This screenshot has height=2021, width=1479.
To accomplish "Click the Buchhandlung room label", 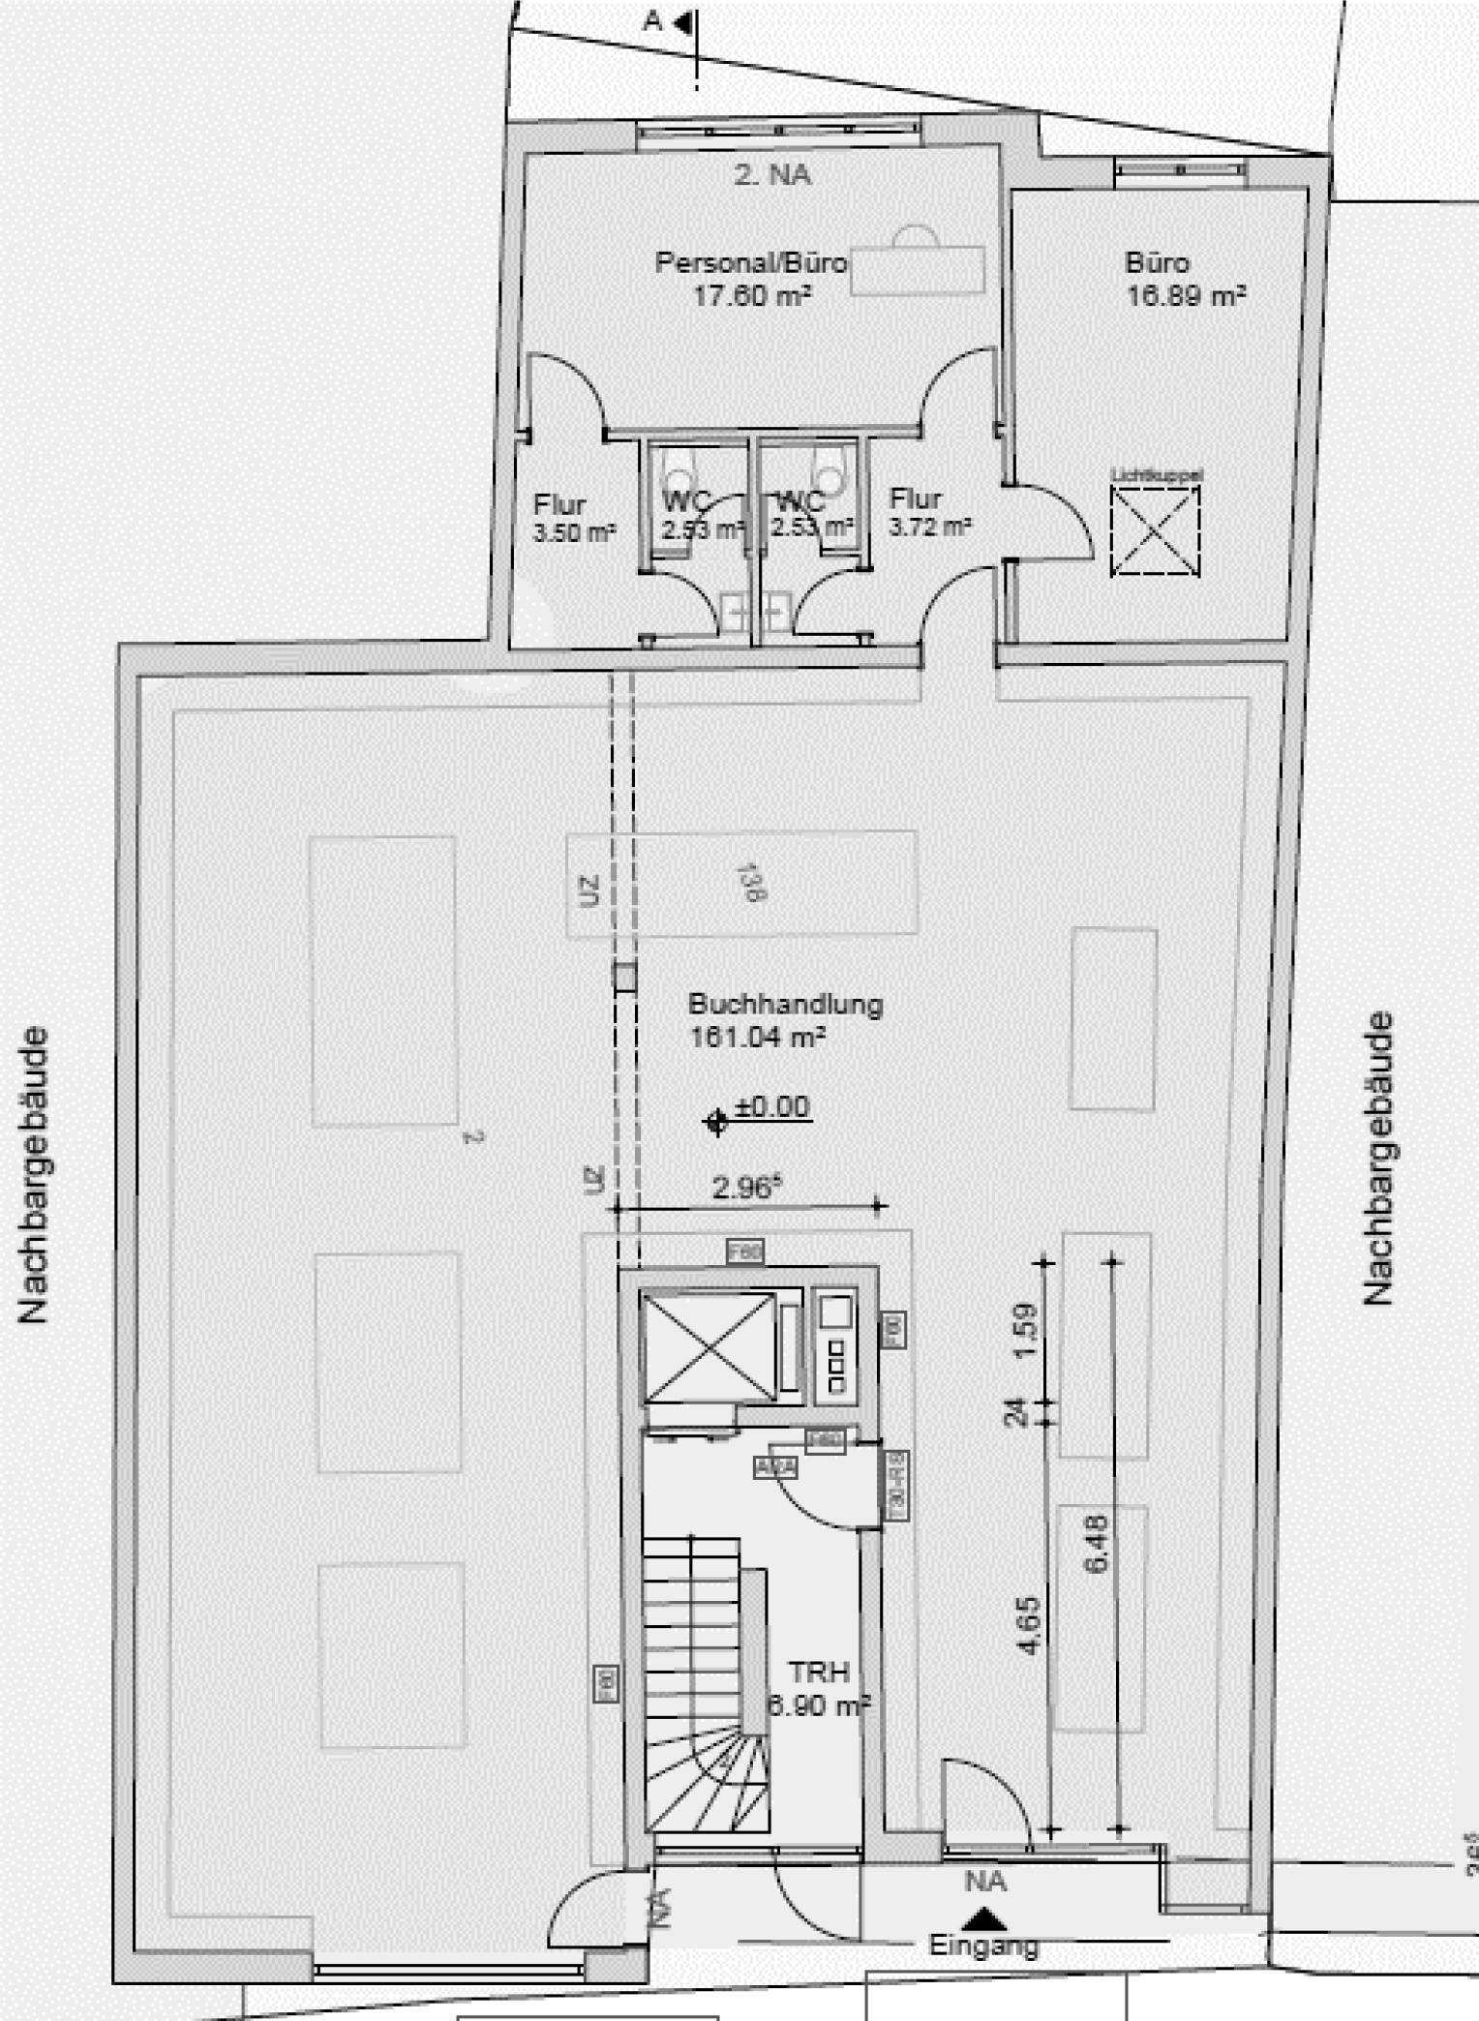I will [x=785, y=1004].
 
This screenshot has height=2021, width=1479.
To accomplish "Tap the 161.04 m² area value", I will [x=756, y=1038].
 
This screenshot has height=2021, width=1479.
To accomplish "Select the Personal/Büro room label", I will [x=750, y=262].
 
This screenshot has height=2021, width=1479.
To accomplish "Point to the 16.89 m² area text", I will [x=1185, y=295].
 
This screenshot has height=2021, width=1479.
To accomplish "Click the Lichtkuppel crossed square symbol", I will [x=1155, y=531].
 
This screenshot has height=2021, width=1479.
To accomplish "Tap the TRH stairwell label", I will [x=818, y=1673].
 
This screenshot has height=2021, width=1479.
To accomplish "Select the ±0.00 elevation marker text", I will [x=771, y=1106].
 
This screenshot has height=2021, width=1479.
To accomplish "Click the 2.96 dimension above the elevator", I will [x=745, y=1188].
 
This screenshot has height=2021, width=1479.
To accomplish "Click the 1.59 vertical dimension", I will [x=1026, y=1330].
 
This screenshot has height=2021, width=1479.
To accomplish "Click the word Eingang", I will [x=983, y=1945].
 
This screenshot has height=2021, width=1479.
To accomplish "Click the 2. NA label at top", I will [x=771, y=175].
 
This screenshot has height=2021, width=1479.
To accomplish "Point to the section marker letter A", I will [x=652, y=21].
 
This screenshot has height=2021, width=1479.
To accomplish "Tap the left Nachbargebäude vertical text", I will [x=33, y=1175].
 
